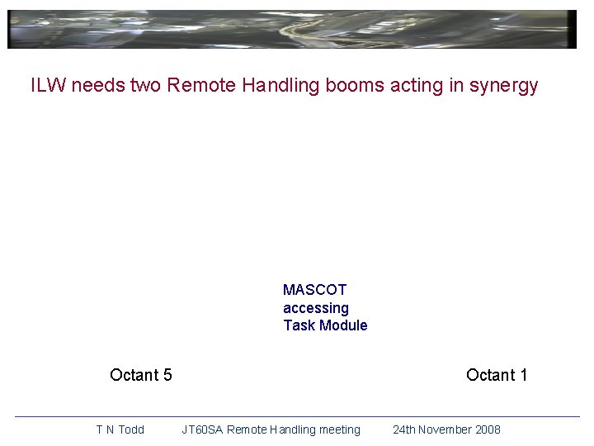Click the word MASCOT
pos(314,290)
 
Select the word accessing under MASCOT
pos(315,308)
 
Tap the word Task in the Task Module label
pos(299,325)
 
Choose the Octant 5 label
pos(141,375)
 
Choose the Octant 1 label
pos(497,375)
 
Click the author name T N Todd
pos(120,429)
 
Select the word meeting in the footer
pos(338,429)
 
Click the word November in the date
pos(444,429)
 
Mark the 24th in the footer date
pos(403,429)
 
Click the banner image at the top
pos(292,30)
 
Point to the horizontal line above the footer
pos(297,416)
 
